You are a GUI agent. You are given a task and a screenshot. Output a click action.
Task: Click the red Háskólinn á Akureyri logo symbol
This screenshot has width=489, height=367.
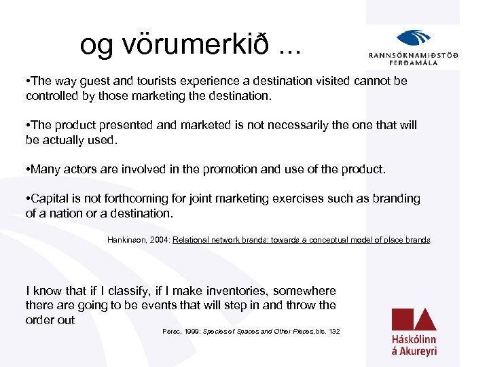click(x=414, y=319)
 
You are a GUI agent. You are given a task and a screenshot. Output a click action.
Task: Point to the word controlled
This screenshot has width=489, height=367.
click(x=52, y=96)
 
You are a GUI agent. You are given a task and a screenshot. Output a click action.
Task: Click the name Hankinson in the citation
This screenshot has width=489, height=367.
click(x=127, y=240)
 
